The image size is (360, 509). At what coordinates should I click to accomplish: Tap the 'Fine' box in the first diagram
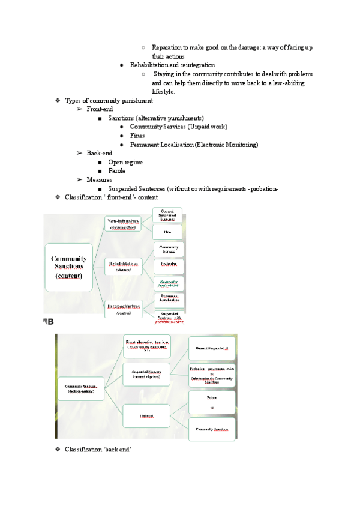click(x=168, y=231)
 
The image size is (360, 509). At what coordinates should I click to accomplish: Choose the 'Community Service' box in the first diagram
click(x=168, y=248)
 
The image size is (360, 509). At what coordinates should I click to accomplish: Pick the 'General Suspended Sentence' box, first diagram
click(x=168, y=215)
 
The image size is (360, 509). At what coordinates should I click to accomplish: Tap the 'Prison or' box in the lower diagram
click(x=211, y=402)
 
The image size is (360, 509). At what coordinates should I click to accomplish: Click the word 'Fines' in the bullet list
click(x=137, y=136)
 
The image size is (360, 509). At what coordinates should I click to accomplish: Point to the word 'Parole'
click(x=116, y=171)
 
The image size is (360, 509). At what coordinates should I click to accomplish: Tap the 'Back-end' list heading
click(x=99, y=153)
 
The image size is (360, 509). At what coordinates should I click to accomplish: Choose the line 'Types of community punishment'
click(x=108, y=100)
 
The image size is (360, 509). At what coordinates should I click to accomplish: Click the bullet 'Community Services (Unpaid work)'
click(x=178, y=127)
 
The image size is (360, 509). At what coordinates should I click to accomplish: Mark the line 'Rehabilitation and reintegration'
click(x=172, y=65)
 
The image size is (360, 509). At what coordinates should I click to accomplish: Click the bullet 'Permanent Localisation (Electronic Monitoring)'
click(x=194, y=145)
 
